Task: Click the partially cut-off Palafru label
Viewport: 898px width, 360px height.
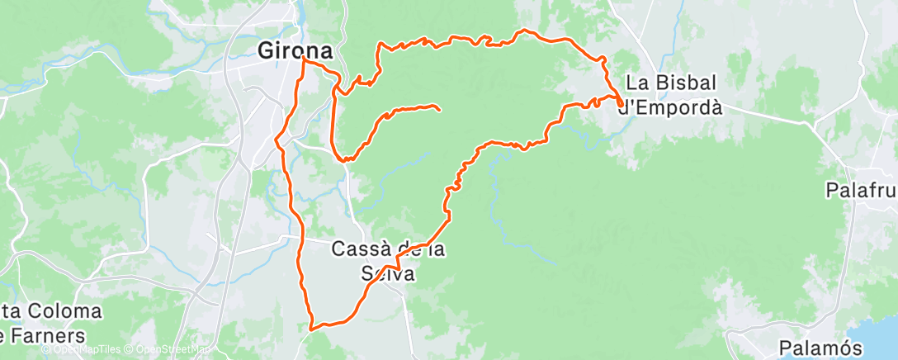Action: pos(861,191)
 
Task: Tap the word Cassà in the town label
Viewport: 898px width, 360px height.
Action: pos(361,248)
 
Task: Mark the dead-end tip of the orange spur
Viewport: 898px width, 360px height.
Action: pos(438,109)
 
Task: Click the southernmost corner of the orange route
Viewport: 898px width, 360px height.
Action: pos(312,328)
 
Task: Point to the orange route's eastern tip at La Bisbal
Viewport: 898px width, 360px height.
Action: pos(621,102)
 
